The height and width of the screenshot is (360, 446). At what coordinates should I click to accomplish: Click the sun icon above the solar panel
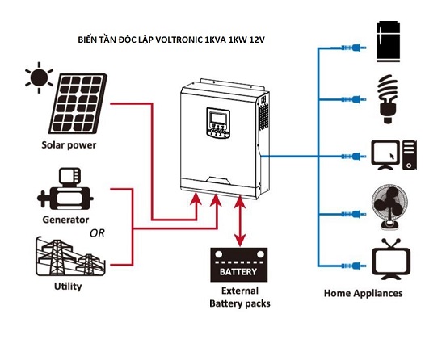[x=37, y=77]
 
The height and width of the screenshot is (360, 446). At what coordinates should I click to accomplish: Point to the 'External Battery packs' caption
[x=238, y=297]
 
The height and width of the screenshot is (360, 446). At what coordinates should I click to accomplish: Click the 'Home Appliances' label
[x=362, y=293]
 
